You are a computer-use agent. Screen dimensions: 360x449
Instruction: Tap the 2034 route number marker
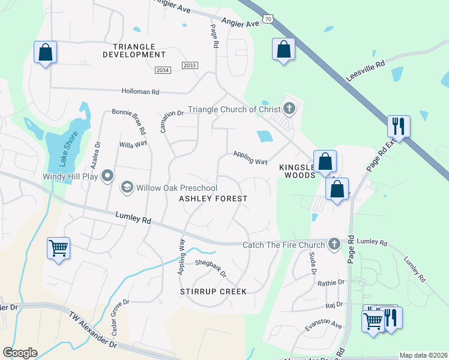pos(163,70)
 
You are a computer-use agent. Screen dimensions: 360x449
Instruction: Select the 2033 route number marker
pos(189,65)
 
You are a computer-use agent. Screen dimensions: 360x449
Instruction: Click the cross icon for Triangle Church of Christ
pos(289,109)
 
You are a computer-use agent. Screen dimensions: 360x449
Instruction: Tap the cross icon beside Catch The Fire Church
pos(334,244)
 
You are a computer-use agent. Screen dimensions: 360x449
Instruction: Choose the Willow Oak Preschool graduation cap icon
pos(127,188)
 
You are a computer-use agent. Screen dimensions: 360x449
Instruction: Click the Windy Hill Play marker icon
pos(107,176)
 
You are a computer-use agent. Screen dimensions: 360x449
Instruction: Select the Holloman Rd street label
pos(140,92)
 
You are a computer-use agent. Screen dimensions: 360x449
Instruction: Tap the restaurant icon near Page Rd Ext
pos(399,126)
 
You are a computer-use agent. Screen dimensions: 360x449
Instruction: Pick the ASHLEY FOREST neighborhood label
pos(214,198)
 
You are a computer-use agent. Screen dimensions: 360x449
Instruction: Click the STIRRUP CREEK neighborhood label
pos(213,292)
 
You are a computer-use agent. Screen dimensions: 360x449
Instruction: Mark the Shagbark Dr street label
pos(211,268)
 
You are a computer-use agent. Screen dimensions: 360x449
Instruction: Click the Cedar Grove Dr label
pos(118,318)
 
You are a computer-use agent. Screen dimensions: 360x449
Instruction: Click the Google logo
pos(20,352)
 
